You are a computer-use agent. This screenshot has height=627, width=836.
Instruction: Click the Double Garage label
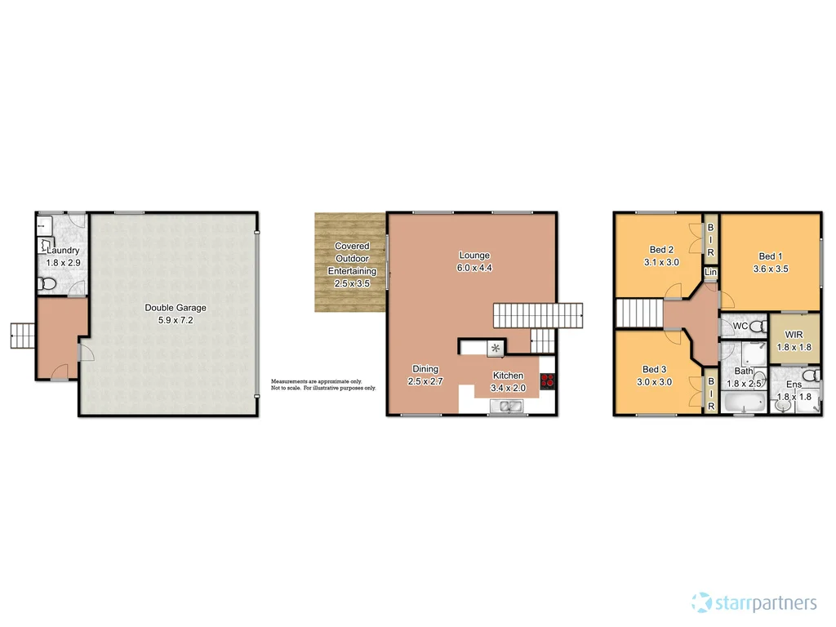click(x=176, y=308)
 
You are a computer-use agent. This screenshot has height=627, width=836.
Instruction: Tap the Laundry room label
click(x=62, y=251)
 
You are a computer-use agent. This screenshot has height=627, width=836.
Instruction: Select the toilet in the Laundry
click(x=47, y=284)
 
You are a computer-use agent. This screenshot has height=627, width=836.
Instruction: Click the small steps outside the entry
click(x=22, y=334)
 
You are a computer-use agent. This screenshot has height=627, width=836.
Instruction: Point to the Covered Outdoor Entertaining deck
click(x=350, y=263)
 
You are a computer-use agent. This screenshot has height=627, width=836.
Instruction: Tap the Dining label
click(x=425, y=369)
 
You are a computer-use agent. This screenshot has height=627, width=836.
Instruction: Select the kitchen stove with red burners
click(x=547, y=380)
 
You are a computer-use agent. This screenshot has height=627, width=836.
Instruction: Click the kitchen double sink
click(x=508, y=406)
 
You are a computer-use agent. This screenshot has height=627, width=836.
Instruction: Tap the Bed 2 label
click(x=660, y=250)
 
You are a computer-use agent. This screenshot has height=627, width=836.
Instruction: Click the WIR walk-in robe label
click(x=794, y=335)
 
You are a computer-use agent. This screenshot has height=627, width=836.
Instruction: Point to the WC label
click(x=740, y=327)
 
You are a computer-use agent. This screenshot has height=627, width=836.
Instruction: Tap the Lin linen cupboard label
click(x=710, y=272)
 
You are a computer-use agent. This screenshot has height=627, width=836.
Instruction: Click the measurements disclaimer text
click(x=323, y=385)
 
